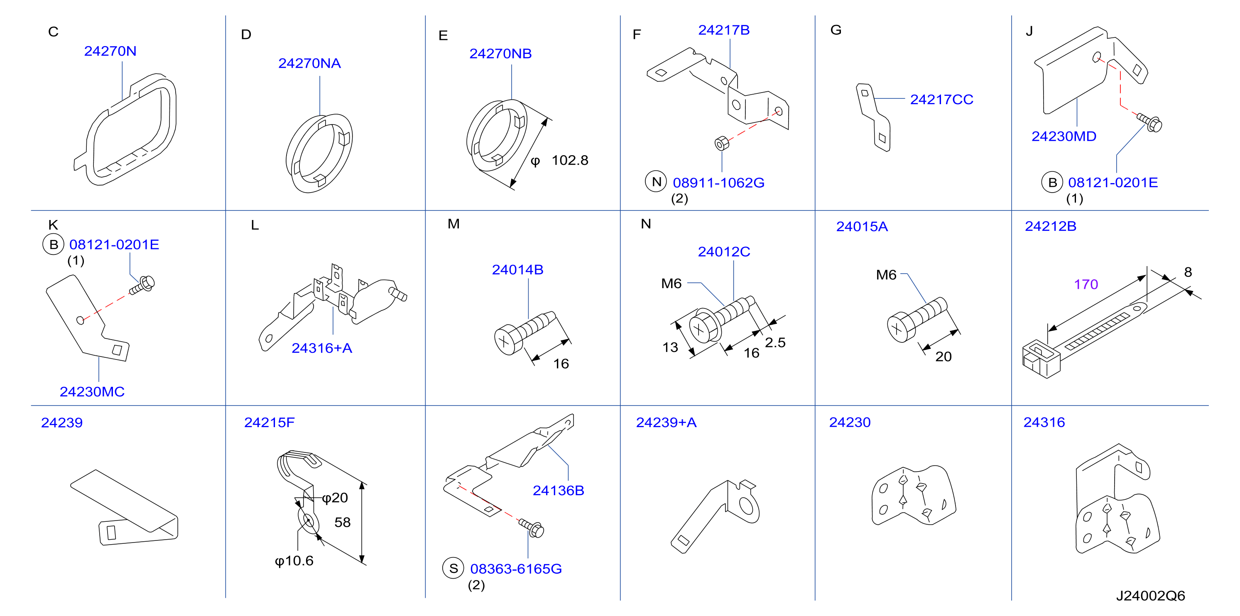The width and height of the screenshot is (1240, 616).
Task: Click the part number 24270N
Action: pyautogui.click(x=110, y=51)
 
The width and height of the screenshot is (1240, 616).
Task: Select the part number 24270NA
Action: pyautogui.click(x=309, y=63)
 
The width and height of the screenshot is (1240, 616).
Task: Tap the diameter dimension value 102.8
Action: pyautogui.click(x=570, y=160)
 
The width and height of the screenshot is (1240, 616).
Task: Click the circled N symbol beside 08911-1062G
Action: pyautogui.click(x=656, y=182)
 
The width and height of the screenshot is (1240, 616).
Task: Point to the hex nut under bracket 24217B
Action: pyautogui.click(x=722, y=143)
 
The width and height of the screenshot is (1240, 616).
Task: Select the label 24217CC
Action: pyautogui.click(x=941, y=100)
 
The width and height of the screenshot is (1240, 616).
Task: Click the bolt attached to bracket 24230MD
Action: pyautogui.click(x=1150, y=122)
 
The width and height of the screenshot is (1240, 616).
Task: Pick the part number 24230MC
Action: pyautogui.click(x=92, y=392)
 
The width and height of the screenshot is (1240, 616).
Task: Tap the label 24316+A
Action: pyautogui.click(x=322, y=348)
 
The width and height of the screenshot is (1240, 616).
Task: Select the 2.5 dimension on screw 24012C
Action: pyautogui.click(x=775, y=342)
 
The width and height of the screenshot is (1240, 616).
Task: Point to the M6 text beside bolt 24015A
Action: pyautogui.click(x=886, y=275)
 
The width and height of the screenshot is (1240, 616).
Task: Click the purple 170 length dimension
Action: pyautogui.click(x=1086, y=284)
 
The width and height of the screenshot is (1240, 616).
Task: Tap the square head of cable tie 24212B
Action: pyautogui.click(x=1041, y=359)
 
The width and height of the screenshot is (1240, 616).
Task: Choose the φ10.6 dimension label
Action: pyautogui.click(x=294, y=561)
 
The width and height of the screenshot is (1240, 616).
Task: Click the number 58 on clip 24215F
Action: pyautogui.click(x=343, y=522)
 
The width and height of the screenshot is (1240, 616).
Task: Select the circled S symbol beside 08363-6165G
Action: pyautogui.click(x=453, y=568)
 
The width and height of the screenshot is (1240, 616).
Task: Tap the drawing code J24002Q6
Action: pyautogui.click(x=1150, y=596)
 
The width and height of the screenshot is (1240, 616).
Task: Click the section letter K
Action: pyautogui.click(x=53, y=225)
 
